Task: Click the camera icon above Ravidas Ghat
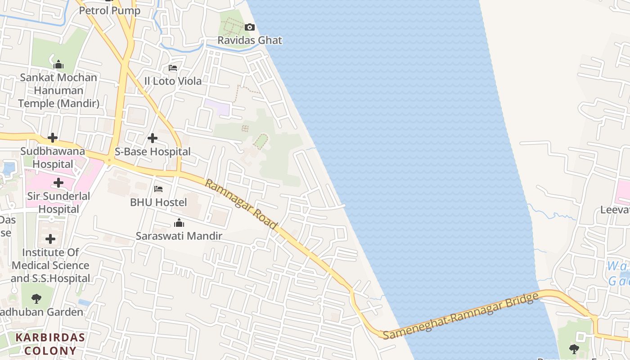[250, 27]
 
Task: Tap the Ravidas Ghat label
[250, 40]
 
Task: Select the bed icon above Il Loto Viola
[173, 68]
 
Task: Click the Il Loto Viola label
[173, 81]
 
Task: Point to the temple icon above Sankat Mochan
[58, 65]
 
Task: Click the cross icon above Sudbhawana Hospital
[53, 137]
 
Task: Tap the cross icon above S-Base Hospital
[153, 138]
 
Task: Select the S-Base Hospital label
[153, 152]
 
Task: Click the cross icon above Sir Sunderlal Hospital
[58, 183]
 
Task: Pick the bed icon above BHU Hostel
[158, 189]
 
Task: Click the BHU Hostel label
[158, 202]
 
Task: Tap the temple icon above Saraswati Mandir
[179, 223]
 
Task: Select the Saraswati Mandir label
[179, 236]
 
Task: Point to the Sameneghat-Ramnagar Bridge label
[461, 316]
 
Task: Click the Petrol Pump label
[110, 10]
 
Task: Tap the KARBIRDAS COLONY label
[50, 344]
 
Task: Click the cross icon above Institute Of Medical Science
[50, 239]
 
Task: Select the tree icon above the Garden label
[36, 298]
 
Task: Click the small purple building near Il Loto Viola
[217, 107]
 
